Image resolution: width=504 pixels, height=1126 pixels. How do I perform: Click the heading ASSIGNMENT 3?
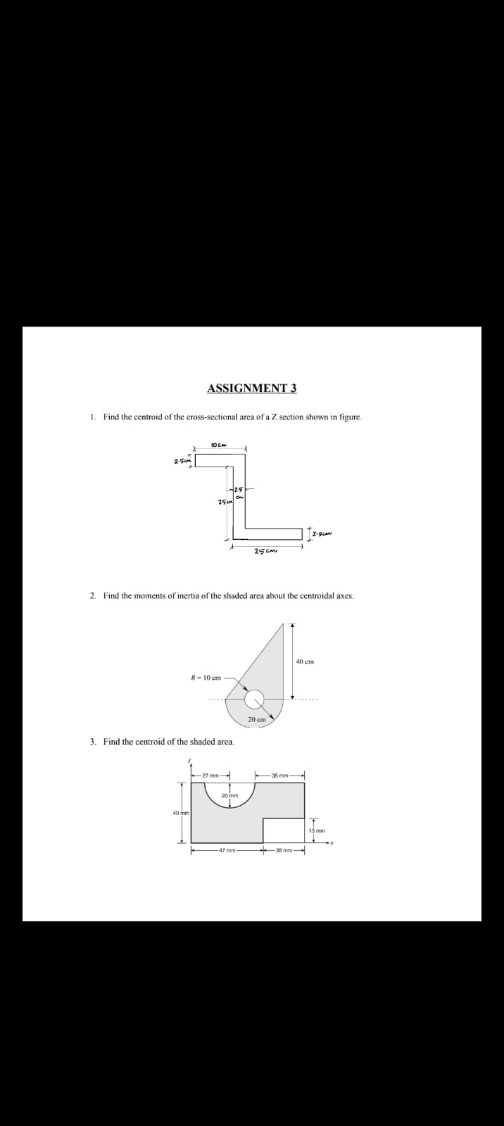[x=252, y=388]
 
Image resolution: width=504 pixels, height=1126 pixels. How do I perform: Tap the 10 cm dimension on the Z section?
[x=218, y=444]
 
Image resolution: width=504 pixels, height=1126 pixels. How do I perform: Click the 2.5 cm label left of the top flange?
[x=182, y=461]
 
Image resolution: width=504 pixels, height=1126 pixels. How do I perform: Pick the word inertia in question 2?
[x=168, y=596]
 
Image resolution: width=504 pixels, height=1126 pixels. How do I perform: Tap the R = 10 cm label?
[x=206, y=678]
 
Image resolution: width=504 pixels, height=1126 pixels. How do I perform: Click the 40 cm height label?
[x=305, y=662]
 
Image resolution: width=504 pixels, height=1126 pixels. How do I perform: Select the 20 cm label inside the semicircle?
[x=256, y=719]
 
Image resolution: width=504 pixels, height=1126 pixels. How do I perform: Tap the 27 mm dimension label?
[x=210, y=776]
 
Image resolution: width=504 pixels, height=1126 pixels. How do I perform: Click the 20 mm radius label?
[x=230, y=795]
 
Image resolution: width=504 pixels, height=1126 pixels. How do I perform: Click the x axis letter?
[x=330, y=843]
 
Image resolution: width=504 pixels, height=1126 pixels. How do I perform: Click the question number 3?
[x=93, y=742]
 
